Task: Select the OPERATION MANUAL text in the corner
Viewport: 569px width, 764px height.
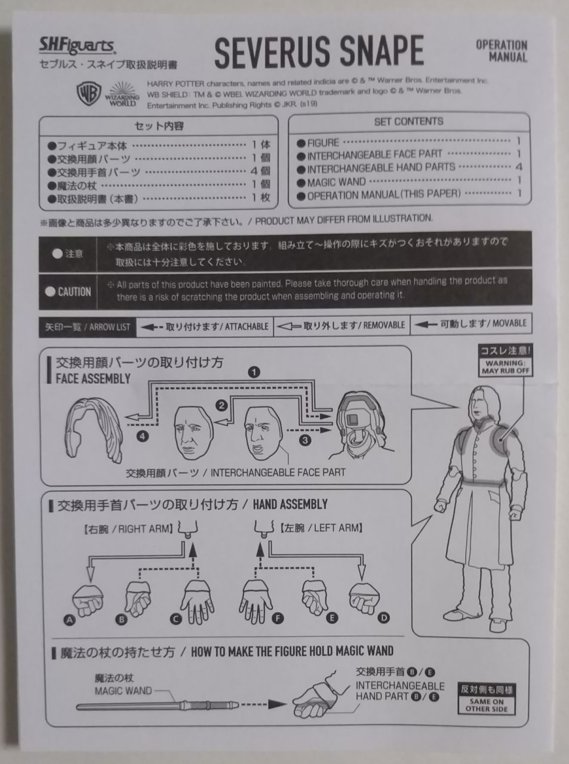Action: tap(501, 51)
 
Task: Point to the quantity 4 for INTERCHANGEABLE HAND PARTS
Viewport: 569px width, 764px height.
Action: tap(518, 168)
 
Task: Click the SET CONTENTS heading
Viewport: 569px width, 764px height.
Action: tap(408, 122)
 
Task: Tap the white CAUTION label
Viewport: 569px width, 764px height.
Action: tap(69, 292)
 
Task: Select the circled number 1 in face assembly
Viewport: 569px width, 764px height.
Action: tap(254, 372)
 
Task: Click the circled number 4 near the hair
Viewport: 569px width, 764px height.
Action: tap(142, 436)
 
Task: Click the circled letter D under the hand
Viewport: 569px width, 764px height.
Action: tap(385, 618)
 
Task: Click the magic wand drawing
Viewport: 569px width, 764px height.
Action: tap(158, 706)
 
